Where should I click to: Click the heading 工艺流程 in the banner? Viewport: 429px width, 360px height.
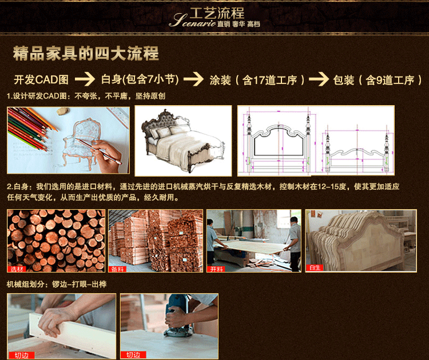coord(217,13)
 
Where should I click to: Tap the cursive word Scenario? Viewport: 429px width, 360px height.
coord(192,21)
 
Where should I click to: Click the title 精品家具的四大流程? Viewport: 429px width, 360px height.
coord(86,53)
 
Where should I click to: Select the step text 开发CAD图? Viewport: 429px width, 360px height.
coord(41,79)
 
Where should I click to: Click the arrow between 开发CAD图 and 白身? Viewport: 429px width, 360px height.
coord(85,79)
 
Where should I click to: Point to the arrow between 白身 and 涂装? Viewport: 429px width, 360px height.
coord(193,79)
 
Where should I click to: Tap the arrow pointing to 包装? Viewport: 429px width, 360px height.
coord(319,79)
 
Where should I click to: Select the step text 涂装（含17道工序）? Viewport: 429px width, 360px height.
coord(257,80)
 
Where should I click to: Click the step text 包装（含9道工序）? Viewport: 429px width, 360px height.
coord(378,80)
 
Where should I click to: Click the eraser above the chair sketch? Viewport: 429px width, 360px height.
coord(63,111)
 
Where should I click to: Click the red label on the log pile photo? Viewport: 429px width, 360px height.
coord(17,269)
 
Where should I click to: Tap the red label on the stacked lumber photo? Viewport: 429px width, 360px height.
coord(118,269)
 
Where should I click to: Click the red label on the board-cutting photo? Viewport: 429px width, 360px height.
coord(216,269)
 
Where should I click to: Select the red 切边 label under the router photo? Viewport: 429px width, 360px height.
coord(133,355)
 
